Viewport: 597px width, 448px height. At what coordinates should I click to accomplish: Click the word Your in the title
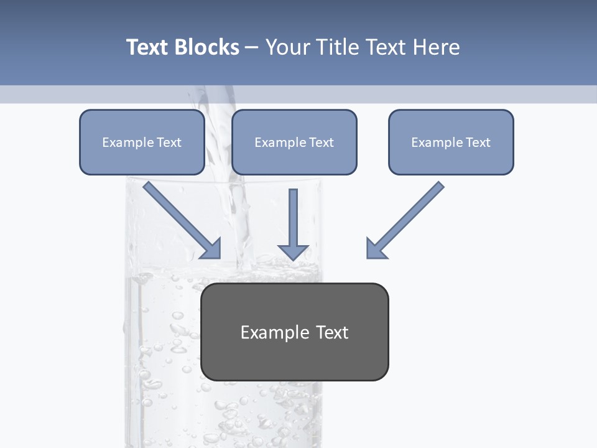(287, 47)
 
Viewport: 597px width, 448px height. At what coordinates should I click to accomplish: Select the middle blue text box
(294, 159)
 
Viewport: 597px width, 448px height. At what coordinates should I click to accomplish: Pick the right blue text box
(451, 159)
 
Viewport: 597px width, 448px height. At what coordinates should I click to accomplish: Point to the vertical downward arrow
(293, 224)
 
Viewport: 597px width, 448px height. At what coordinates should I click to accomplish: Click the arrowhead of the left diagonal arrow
(212, 249)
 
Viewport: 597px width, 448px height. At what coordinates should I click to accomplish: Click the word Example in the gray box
(266, 332)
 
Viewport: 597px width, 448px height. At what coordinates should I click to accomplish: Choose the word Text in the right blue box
(478, 142)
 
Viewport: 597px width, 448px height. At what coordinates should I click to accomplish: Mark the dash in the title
(252, 47)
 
